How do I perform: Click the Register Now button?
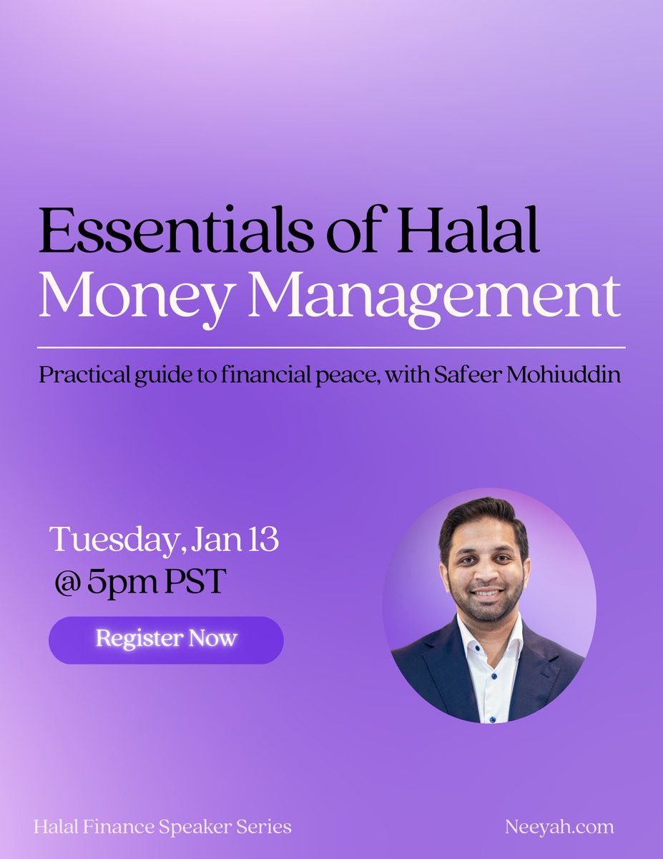[x=166, y=639]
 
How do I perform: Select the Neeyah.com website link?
[x=559, y=827]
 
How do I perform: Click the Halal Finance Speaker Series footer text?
[x=162, y=827]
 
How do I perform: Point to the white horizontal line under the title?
[x=332, y=347]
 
